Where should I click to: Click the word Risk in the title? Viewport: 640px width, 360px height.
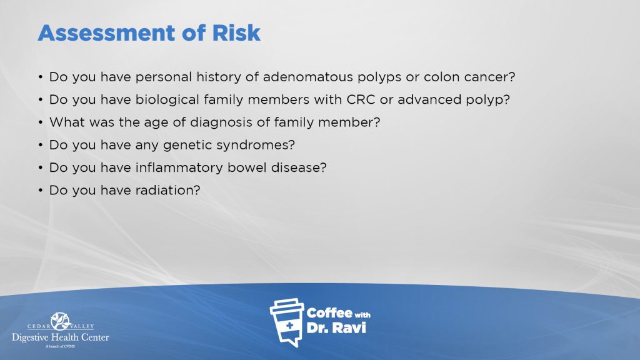point(236,32)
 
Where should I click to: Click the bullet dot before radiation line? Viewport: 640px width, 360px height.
point(41,190)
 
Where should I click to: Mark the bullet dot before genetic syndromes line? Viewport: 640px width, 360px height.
point(41,145)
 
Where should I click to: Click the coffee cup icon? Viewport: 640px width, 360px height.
point(286,322)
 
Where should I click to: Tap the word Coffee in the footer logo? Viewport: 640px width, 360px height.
point(329,313)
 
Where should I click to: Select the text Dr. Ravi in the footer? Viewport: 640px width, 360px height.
point(336,327)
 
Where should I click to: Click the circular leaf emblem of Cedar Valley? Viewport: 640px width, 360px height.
point(61,321)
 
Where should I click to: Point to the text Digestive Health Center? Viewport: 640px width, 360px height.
point(61,337)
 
